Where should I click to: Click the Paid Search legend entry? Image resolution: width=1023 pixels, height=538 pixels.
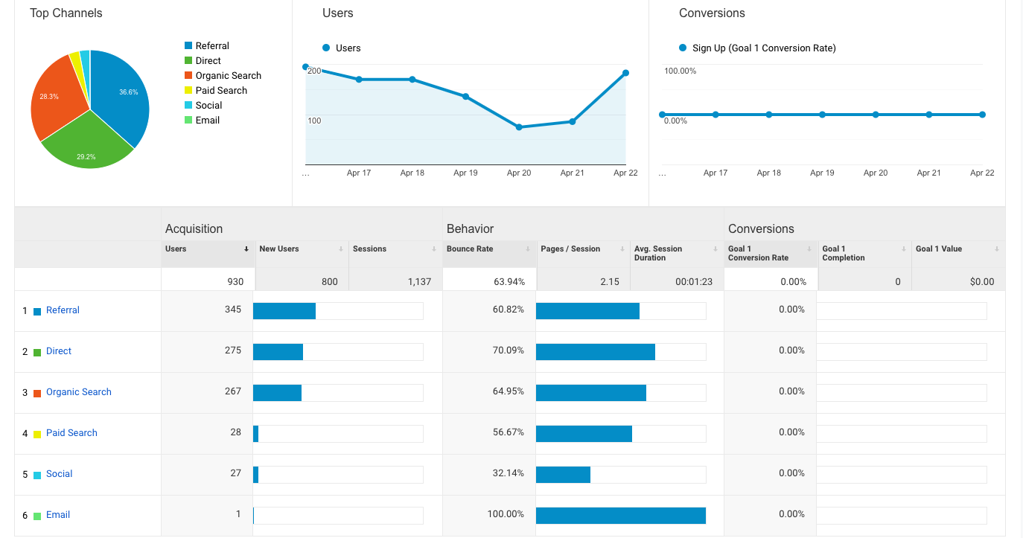coord(221,90)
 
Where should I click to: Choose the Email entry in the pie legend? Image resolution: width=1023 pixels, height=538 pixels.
coord(207,120)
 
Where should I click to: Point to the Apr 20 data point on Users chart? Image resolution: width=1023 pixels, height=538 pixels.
coord(519,127)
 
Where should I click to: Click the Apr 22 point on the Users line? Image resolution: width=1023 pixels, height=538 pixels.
coord(625,73)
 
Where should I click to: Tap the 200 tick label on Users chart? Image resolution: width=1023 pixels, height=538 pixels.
coord(314,71)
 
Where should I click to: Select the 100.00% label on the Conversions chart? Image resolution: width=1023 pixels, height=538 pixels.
coord(680,71)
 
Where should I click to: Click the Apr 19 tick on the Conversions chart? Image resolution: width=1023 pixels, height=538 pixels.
coord(822,173)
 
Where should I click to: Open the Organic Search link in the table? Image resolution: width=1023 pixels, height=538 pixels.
coord(78,392)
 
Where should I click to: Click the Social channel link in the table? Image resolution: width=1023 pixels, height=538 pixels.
coord(59,474)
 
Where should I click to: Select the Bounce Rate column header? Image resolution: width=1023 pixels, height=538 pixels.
coord(470,249)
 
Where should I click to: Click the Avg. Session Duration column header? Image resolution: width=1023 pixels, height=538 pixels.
coord(657,253)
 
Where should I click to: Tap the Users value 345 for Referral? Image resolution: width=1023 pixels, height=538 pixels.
coord(232,309)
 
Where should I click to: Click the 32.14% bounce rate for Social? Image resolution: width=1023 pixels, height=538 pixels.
coord(508,473)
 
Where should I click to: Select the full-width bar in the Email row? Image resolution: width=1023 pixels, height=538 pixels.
coord(620,516)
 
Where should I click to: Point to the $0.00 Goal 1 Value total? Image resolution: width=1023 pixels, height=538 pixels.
coord(981,281)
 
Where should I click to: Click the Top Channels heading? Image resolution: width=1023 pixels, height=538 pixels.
coord(66,13)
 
